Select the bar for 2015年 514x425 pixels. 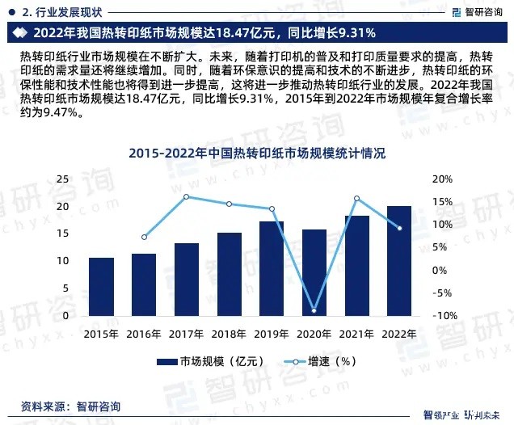101,287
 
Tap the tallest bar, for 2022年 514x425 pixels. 399,260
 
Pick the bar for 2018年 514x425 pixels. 229,274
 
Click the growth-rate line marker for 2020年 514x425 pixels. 314,310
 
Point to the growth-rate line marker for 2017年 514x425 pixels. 186,196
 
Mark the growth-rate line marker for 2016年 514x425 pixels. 144,237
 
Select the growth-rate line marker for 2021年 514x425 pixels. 356,199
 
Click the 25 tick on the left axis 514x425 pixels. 61,179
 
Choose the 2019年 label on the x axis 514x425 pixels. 272,334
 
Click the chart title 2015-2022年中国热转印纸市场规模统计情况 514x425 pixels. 257,153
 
